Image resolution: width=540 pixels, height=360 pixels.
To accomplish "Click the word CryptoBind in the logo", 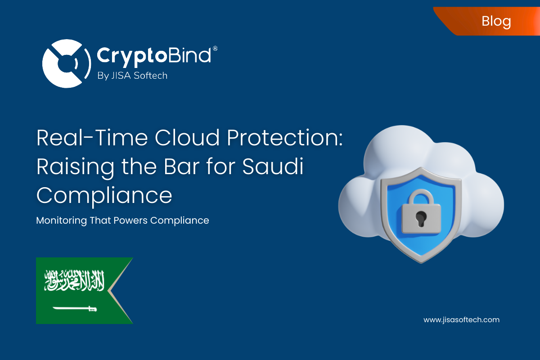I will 154,56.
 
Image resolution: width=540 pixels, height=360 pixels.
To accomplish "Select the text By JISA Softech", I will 132,76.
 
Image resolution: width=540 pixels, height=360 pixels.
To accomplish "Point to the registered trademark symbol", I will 215,48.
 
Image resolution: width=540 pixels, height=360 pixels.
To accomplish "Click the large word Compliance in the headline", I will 104,196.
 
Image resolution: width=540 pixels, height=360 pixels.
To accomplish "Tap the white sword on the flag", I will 75,308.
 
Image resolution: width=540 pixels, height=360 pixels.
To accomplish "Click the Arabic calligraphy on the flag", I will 74,281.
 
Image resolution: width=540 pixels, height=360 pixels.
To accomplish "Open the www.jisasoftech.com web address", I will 461,320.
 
